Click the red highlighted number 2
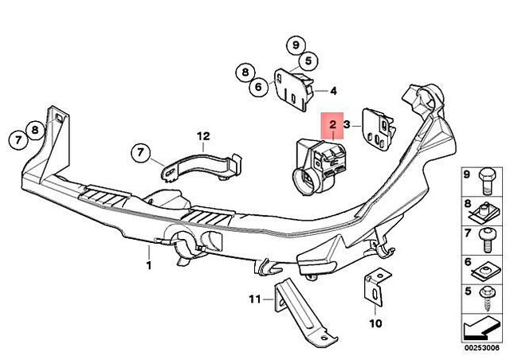pyautogui.click(x=331, y=125)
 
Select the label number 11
pyautogui.click(x=254, y=300)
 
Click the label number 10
pyautogui.click(x=375, y=323)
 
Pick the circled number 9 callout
pyautogui.click(x=296, y=44)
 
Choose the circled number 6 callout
pyautogui.click(x=258, y=88)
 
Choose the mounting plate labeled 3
pyautogui.click(x=378, y=128)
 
